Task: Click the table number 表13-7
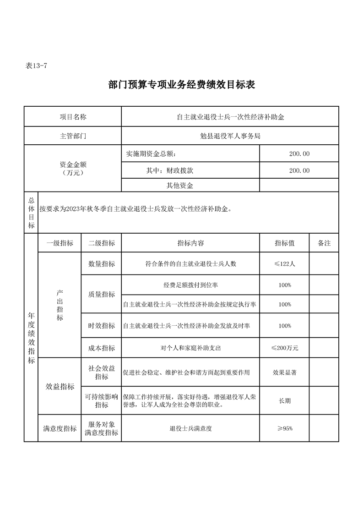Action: [x=36, y=66]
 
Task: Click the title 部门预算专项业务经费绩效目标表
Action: [x=182, y=85]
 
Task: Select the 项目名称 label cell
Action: [x=73, y=117]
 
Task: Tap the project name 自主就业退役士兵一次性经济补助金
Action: [x=230, y=117]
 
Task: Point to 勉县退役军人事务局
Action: [x=230, y=136]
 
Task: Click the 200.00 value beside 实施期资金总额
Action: [x=299, y=153]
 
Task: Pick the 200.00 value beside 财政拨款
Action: [x=299, y=170]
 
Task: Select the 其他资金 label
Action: [x=179, y=186]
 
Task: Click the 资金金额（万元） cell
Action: [x=73, y=168]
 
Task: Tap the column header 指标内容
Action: [x=190, y=243]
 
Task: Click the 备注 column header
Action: [x=324, y=243]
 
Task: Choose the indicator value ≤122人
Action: [x=285, y=264]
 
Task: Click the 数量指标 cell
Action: [x=102, y=264]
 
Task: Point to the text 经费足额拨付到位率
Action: [x=190, y=285]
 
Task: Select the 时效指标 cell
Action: [x=102, y=326]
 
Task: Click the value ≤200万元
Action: [x=285, y=348]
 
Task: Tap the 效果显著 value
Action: [x=285, y=372]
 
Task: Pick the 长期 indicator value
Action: [x=285, y=401]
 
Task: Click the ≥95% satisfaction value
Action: [x=285, y=429]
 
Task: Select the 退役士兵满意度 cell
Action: [x=190, y=429]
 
